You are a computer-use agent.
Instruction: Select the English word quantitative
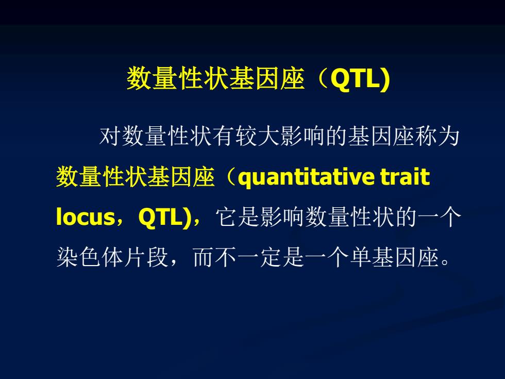(x=306, y=177)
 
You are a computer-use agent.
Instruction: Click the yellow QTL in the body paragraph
(x=161, y=217)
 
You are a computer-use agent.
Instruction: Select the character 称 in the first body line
(x=427, y=136)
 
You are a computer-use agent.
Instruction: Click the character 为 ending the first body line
(x=449, y=136)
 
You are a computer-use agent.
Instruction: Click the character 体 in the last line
(x=112, y=257)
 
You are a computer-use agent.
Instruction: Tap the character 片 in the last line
(x=135, y=257)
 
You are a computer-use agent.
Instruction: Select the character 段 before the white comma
(x=158, y=257)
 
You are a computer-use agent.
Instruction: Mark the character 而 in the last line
(x=204, y=257)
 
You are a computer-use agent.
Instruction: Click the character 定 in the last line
(x=271, y=257)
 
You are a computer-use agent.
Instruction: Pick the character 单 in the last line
(x=361, y=257)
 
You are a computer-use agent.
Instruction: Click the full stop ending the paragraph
(x=445, y=262)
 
